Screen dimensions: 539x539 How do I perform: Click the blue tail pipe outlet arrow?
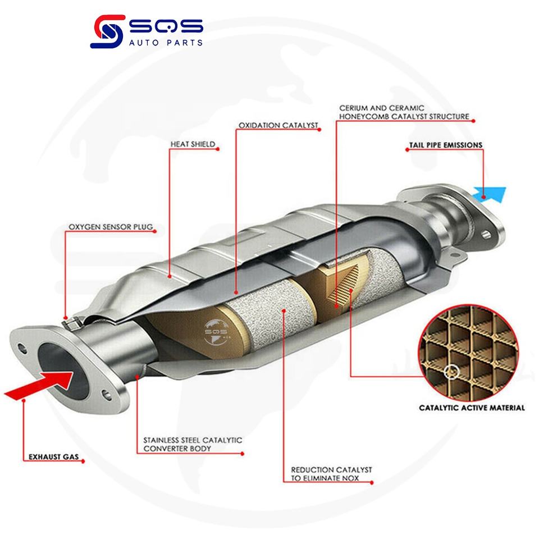click(490, 194)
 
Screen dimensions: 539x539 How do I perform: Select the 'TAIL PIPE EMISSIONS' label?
click(444, 144)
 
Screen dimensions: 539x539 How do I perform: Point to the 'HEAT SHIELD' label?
click(192, 144)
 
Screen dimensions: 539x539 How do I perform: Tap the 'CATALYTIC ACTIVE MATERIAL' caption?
click(472, 408)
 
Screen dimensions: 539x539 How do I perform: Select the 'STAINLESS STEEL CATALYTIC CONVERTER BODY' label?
click(189, 445)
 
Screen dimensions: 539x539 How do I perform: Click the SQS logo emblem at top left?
click(106, 33)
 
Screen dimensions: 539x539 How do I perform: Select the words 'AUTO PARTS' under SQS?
click(163, 42)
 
